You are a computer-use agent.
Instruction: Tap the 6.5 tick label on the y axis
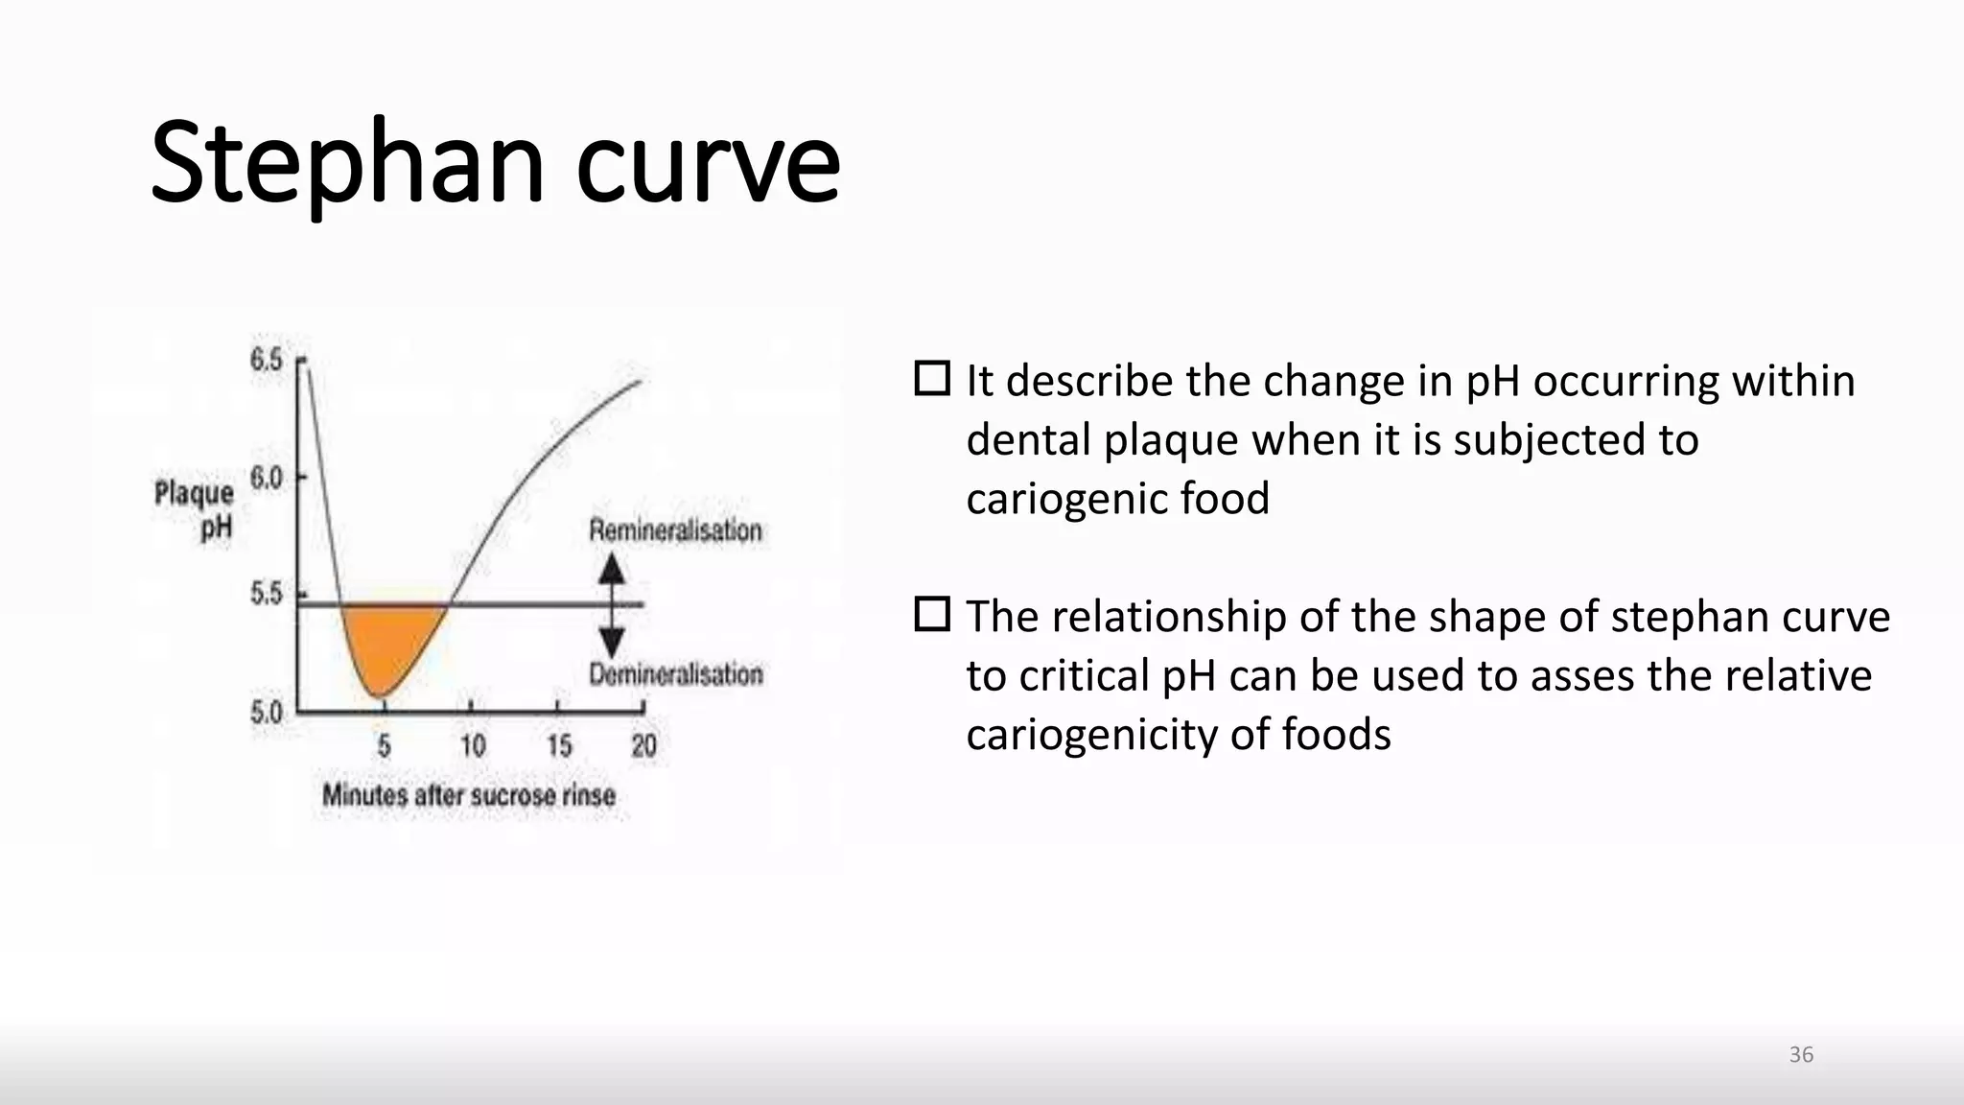coord(266,361)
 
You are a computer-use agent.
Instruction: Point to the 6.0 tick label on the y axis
coord(266,477)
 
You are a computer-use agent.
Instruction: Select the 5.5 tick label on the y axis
coord(266,595)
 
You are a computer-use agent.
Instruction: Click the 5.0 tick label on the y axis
coord(266,713)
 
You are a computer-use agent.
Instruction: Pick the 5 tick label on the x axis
coord(384,746)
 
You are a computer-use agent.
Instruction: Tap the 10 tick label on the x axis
coord(472,746)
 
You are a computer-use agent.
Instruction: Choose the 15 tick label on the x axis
coord(559,746)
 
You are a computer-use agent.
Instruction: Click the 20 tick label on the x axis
coord(643,746)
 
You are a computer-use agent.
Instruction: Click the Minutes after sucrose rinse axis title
coord(468,795)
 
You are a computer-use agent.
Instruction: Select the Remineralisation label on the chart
coord(675,530)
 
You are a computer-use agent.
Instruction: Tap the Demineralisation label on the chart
coord(676,675)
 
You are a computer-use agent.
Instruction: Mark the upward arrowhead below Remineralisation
coord(612,570)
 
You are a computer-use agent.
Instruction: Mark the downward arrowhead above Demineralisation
coord(612,641)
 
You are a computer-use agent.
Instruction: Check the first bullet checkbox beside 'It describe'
coord(932,379)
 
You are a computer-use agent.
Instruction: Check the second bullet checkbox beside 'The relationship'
coord(932,614)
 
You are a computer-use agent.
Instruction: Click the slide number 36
coord(1801,1055)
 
